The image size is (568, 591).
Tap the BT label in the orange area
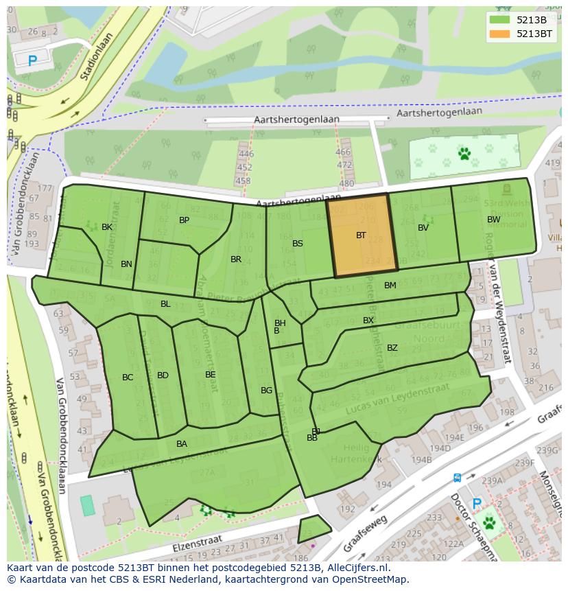click(361, 235)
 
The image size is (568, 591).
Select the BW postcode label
click(493, 220)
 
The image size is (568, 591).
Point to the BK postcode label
click(107, 227)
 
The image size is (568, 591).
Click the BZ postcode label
click(392, 348)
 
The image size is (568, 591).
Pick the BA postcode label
click(181, 444)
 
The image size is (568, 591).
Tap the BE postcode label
click(210, 375)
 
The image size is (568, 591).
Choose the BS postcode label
click(297, 244)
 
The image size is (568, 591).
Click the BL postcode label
click(165, 304)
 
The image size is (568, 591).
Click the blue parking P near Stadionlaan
click(32, 61)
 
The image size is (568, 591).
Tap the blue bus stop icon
click(457, 478)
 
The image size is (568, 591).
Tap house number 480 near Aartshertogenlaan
click(346, 183)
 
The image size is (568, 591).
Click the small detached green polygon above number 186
click(313, 528)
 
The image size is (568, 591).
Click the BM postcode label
click(390, 286)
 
